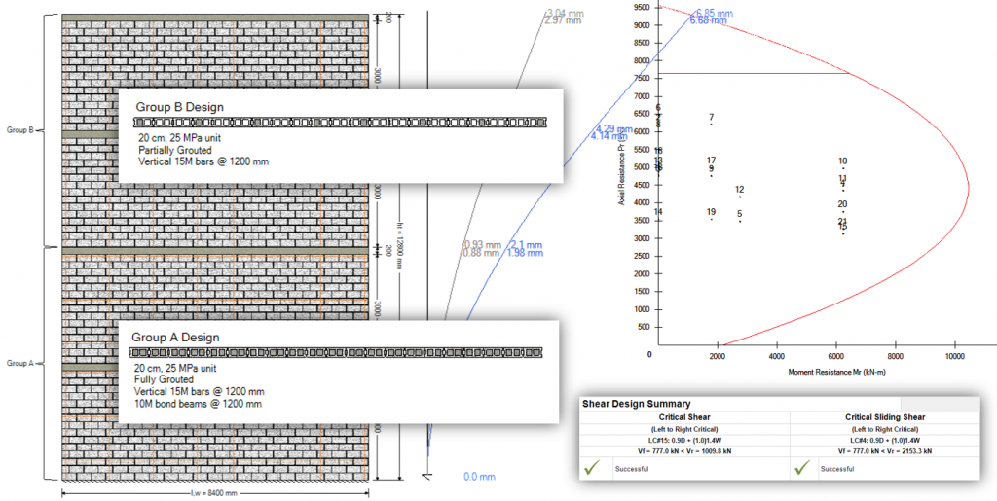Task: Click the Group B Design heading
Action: point(179,107)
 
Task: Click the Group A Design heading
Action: point(175,337)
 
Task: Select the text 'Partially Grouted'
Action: point(174,151)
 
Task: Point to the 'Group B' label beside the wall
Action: point(20,129)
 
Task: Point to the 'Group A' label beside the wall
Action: point(20,363)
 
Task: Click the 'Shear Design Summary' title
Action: point(636,403)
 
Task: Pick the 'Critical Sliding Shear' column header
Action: point(886,416)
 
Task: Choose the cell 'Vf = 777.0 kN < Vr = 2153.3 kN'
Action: point(886,451)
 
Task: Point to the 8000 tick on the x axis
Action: point(896,356)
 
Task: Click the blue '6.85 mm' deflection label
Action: point(714,13)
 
